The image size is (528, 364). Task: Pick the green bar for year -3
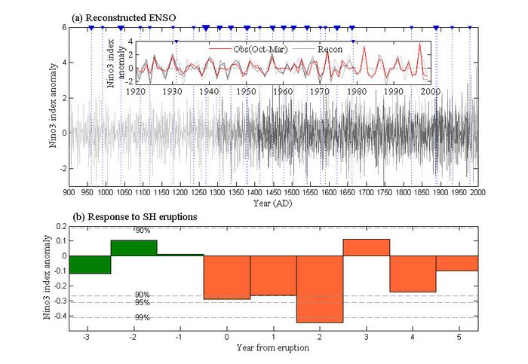pos(90,264)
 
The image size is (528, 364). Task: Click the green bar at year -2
pos(134,248)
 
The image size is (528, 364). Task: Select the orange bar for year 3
pos(366,247)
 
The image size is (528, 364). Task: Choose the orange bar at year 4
pos(413,274)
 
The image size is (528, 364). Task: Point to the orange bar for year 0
pos(227,277)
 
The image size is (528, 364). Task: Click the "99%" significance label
pos(143,317)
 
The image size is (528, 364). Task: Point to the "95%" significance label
pos(143,302)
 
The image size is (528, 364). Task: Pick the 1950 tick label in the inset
pos(247,91)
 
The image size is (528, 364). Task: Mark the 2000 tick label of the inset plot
pos(431,91)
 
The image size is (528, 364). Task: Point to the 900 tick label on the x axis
pos(69,192)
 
